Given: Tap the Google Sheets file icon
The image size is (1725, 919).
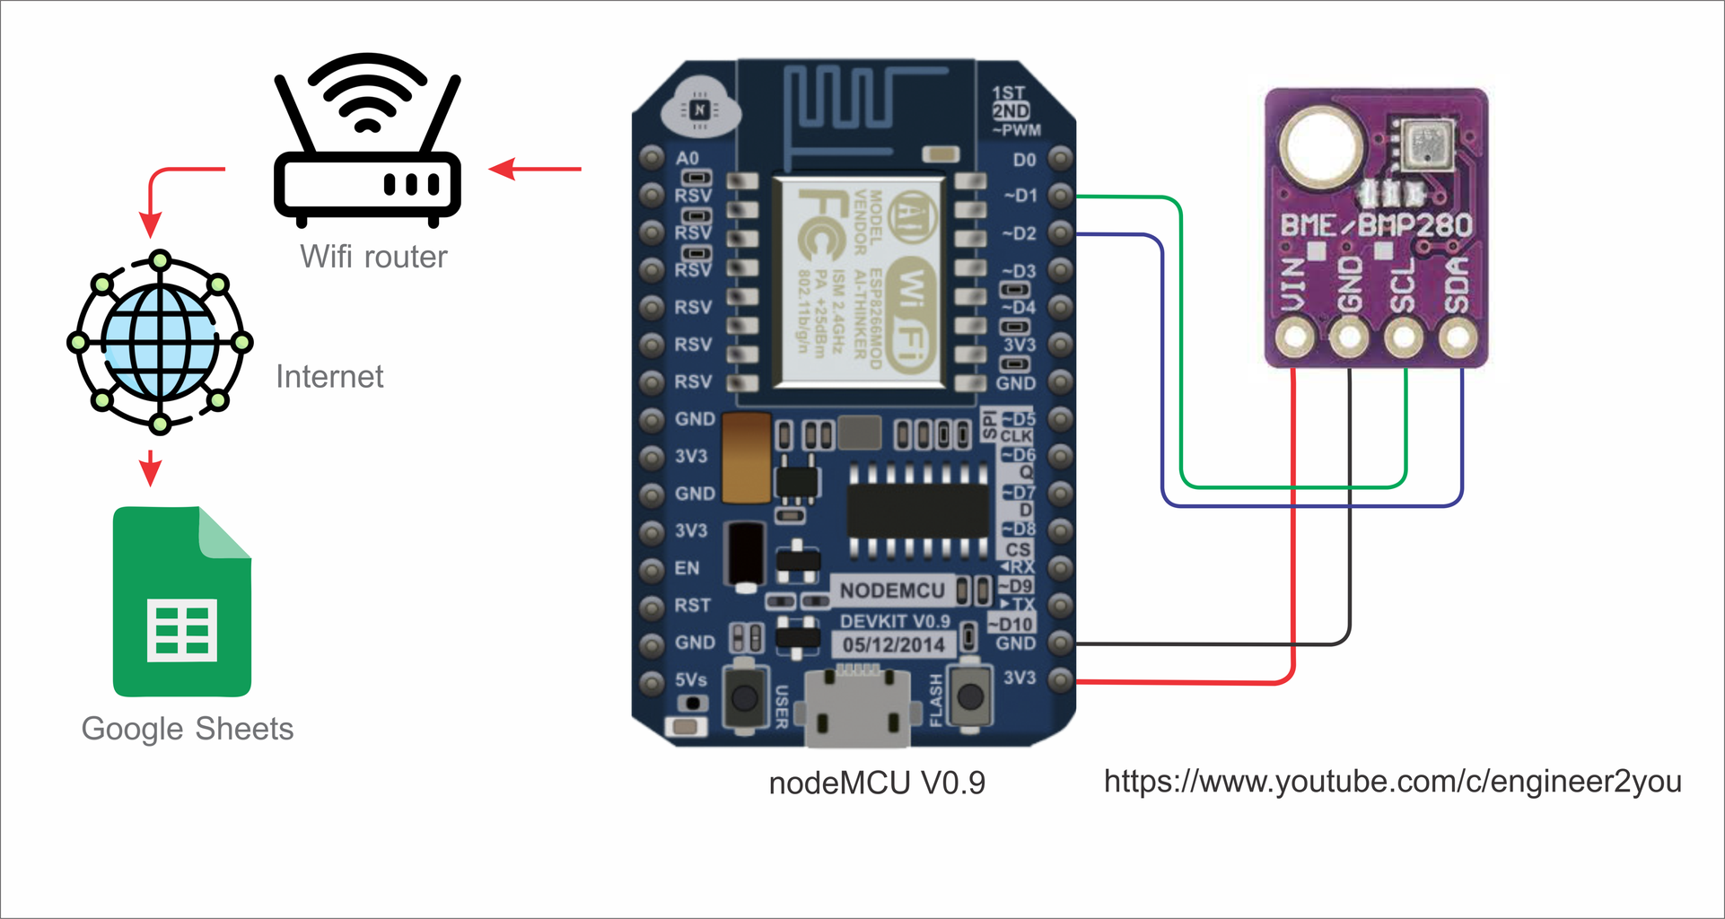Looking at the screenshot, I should coord(182,602).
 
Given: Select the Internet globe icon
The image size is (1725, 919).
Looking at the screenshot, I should coord(160,342).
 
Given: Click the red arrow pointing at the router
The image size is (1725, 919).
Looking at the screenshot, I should coord(535,168).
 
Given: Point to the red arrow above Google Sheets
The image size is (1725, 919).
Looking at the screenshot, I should coord(151,468).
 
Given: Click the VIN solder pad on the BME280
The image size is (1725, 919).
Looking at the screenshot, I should coord(1294,338).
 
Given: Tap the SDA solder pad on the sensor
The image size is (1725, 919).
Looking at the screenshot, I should coord(1458,338).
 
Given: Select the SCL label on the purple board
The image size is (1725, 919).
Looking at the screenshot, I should coord(1402,285).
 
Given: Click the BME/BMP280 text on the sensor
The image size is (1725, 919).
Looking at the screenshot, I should coord(1375,225).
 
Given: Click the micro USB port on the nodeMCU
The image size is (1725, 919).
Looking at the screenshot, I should coord(857,709).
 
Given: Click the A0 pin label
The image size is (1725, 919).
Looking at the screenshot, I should coord(687,158).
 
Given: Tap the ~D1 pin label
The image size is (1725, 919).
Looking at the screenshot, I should coord(1020,196).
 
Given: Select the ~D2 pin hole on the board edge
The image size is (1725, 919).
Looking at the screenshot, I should coord(1061,233).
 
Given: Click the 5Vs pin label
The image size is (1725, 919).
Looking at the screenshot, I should coord(690,679).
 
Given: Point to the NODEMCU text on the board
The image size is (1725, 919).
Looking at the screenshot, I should coord(891,591).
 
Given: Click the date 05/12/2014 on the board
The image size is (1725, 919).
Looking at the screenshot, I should coord(893,644).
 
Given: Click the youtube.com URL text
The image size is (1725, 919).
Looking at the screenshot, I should coord(1392,781).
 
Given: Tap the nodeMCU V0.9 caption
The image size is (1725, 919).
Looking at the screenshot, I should coord(877,783).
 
